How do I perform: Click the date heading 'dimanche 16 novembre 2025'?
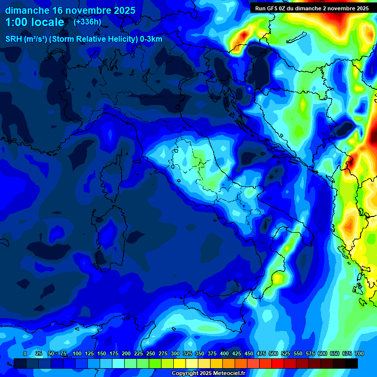[67, 10]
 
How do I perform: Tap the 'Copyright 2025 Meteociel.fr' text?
[208, 374]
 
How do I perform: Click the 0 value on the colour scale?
[25, 353]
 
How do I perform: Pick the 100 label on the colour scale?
[77, 353]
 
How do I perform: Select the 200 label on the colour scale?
[126, 353]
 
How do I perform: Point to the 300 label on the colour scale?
[175, 353]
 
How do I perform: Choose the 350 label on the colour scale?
[200, 353]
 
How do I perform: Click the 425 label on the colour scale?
[237, 353]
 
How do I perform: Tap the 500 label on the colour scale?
[273, 353]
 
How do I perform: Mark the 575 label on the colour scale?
[310, 353]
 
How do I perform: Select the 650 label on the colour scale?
[335, 353]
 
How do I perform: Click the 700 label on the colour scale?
[359, 353]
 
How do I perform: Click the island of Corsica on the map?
[112, 174]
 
